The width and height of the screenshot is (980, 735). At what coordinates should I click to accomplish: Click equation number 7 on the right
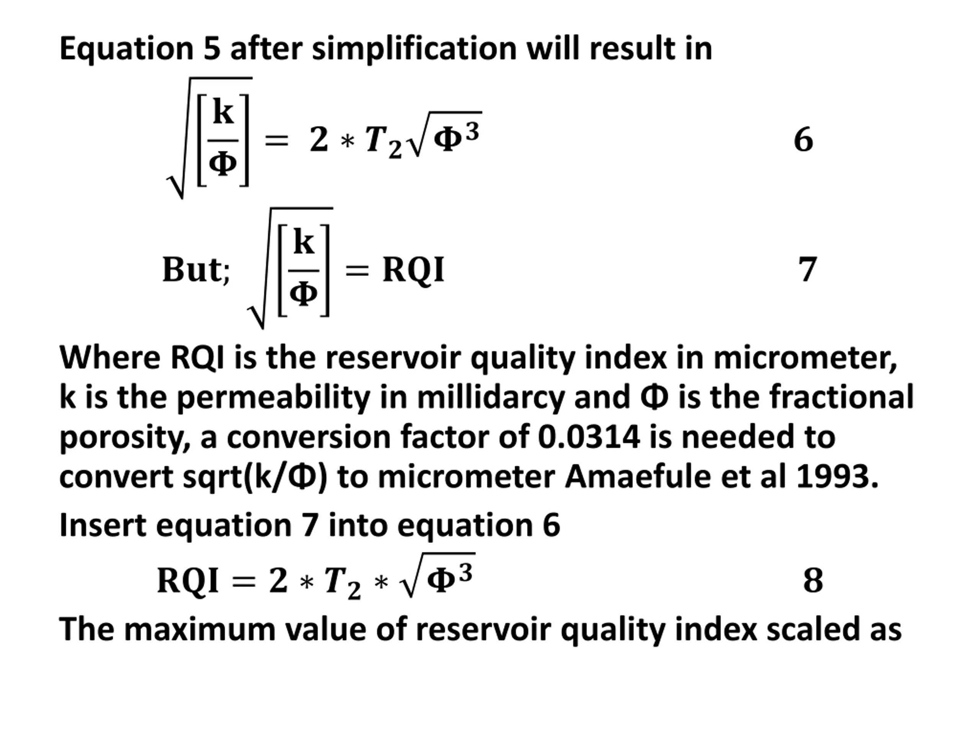coord(807,269)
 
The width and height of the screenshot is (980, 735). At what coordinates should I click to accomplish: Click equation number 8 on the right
coord(813,580)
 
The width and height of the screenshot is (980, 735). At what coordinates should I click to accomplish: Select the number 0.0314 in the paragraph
coord(589,436)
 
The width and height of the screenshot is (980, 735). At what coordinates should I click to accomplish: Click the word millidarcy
coord(490,397)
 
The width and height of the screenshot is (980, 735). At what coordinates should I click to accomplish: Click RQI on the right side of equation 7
coord(413,269)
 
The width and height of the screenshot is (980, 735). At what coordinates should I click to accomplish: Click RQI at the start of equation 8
coord(188,580)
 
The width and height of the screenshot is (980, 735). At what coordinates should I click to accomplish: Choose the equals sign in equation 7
coord(357,270)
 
